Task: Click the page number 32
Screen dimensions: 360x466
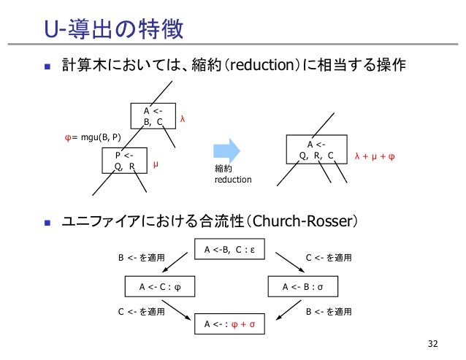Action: click(x=435, y=342)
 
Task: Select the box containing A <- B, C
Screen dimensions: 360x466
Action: click(x=153, y=116)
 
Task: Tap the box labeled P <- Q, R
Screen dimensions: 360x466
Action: click(x=123, y=159)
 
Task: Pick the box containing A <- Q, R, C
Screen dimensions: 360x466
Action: click(x=317, y=150)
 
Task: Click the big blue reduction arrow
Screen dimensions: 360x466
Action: click(x=227, y=151)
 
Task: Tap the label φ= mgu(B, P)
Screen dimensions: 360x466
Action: click(x=93, y=137)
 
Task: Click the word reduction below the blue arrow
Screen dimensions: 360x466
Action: click(x=232, y=179)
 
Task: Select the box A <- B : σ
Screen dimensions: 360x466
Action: click(x=302, y=287)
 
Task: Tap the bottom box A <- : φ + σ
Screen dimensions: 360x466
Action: click(x=229, y=323)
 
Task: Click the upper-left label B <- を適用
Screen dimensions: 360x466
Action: click(x=141, y=257)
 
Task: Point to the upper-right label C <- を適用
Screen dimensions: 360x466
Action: click(x=328, y=257)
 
